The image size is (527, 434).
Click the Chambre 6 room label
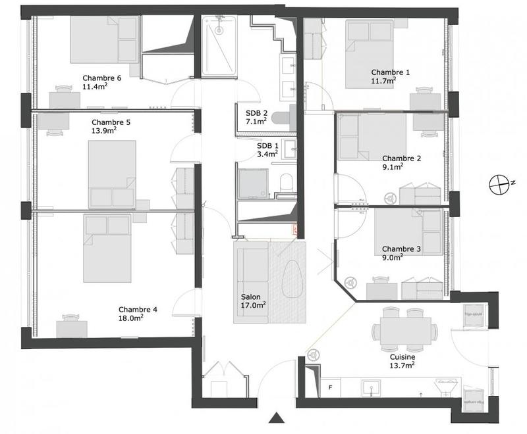tap(101, 78)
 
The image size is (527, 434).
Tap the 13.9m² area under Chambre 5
tap(104, 130)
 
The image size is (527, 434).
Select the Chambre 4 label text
tap(138, 309)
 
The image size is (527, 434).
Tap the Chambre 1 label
tap(390, 72)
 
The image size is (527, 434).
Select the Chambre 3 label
tap(401, 249)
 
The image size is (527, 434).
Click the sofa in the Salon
tap(252, 283)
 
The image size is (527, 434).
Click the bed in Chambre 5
tap(112, 174)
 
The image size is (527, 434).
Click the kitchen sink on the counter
tap(370, 389)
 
